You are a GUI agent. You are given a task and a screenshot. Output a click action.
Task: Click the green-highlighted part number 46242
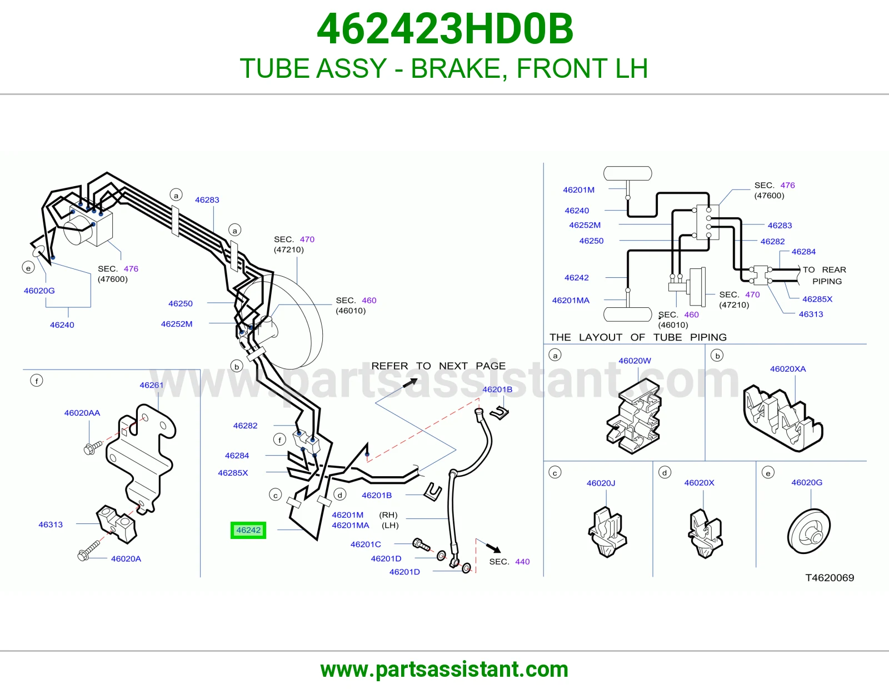point(248,530)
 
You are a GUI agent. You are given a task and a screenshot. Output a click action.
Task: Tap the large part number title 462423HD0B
point(445,29)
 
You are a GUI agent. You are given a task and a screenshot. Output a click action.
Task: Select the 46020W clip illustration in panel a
point(634,417)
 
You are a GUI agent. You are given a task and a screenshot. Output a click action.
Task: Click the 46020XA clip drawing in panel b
point(783,418)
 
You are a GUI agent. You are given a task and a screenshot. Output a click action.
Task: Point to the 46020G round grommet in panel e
point(809,531)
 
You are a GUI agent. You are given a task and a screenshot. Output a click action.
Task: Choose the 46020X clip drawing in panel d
point(705,533)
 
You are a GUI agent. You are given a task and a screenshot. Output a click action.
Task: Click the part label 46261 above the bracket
point(151,385)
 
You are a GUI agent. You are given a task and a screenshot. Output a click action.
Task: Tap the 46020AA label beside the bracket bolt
point(82,413)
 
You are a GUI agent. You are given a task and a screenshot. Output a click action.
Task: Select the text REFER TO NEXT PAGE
point(438,366)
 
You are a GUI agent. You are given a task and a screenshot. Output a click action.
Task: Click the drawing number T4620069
point(830,577)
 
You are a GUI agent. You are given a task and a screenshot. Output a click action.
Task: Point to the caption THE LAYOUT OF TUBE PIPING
point(638,337)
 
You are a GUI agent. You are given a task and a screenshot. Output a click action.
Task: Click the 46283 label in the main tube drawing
point(207,199)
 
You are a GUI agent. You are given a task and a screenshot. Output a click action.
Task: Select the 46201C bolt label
point(366,544)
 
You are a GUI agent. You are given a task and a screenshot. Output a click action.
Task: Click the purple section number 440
point(522,561)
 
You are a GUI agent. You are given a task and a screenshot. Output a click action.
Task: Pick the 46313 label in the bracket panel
point(51,525)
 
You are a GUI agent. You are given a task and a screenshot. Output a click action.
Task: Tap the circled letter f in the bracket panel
point(37,381)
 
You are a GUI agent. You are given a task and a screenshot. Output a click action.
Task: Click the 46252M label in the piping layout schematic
point(585,225)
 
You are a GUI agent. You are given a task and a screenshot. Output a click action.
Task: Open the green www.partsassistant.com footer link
point(444,670)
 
